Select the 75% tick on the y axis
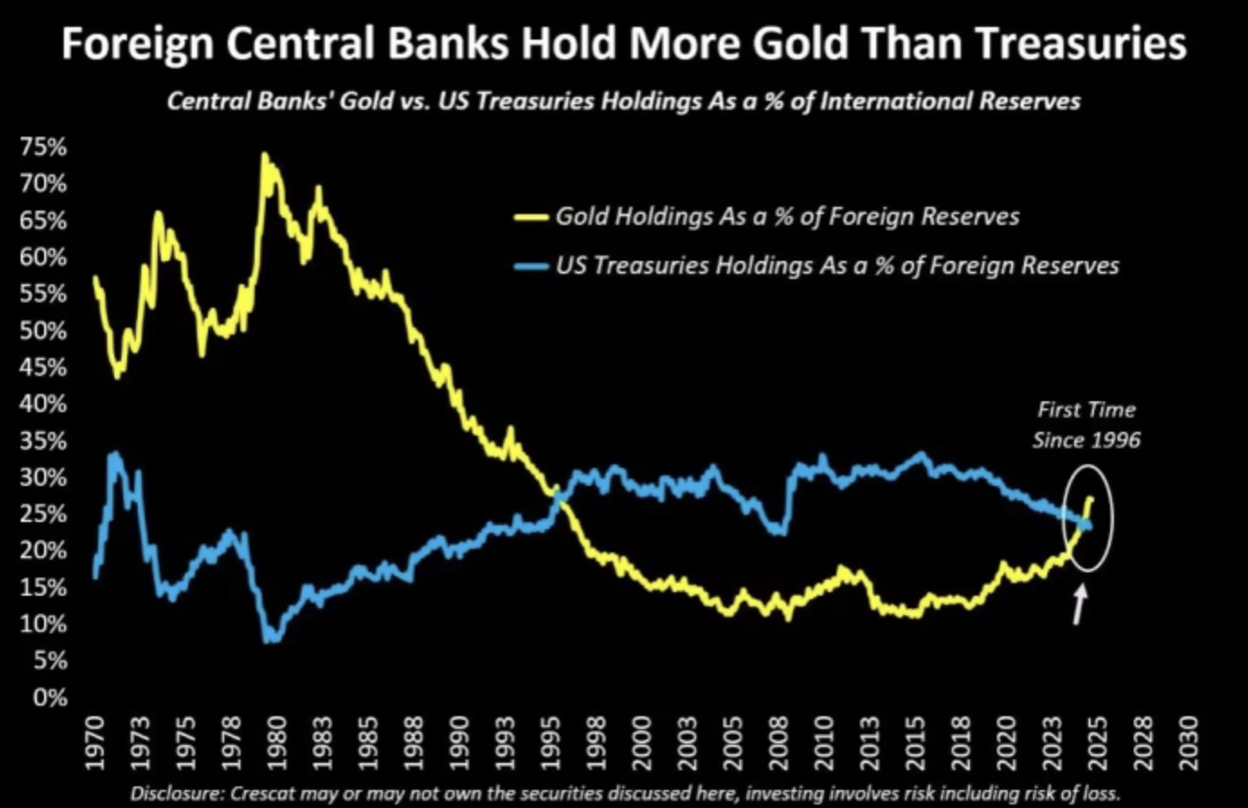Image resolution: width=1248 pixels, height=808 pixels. click(x=42, y=148)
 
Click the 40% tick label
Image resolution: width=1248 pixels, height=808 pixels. click(x=42, y=404)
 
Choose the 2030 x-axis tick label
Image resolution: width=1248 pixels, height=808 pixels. click(x=1189, y=742)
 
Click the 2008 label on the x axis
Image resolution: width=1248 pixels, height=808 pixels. click(x=780, y=742)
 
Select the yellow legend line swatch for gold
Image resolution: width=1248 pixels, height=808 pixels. click(x=530, y=217)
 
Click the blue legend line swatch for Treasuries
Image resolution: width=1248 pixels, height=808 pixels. click(x=530, y=266)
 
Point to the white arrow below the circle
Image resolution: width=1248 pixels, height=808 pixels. click(x=1079, y=605)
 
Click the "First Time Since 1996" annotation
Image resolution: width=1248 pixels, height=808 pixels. click(x=1086, y=425)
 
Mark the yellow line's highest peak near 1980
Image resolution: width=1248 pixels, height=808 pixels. click(x=264, y=155)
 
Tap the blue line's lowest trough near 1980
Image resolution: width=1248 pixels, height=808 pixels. click(x=271, y=639)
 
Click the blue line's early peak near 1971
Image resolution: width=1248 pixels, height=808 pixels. click(x=113, y=454)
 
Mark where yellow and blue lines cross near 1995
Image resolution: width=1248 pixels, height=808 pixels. click(x=559, y=496)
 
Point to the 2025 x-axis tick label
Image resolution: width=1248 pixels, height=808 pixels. click(x=1097, y=742)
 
